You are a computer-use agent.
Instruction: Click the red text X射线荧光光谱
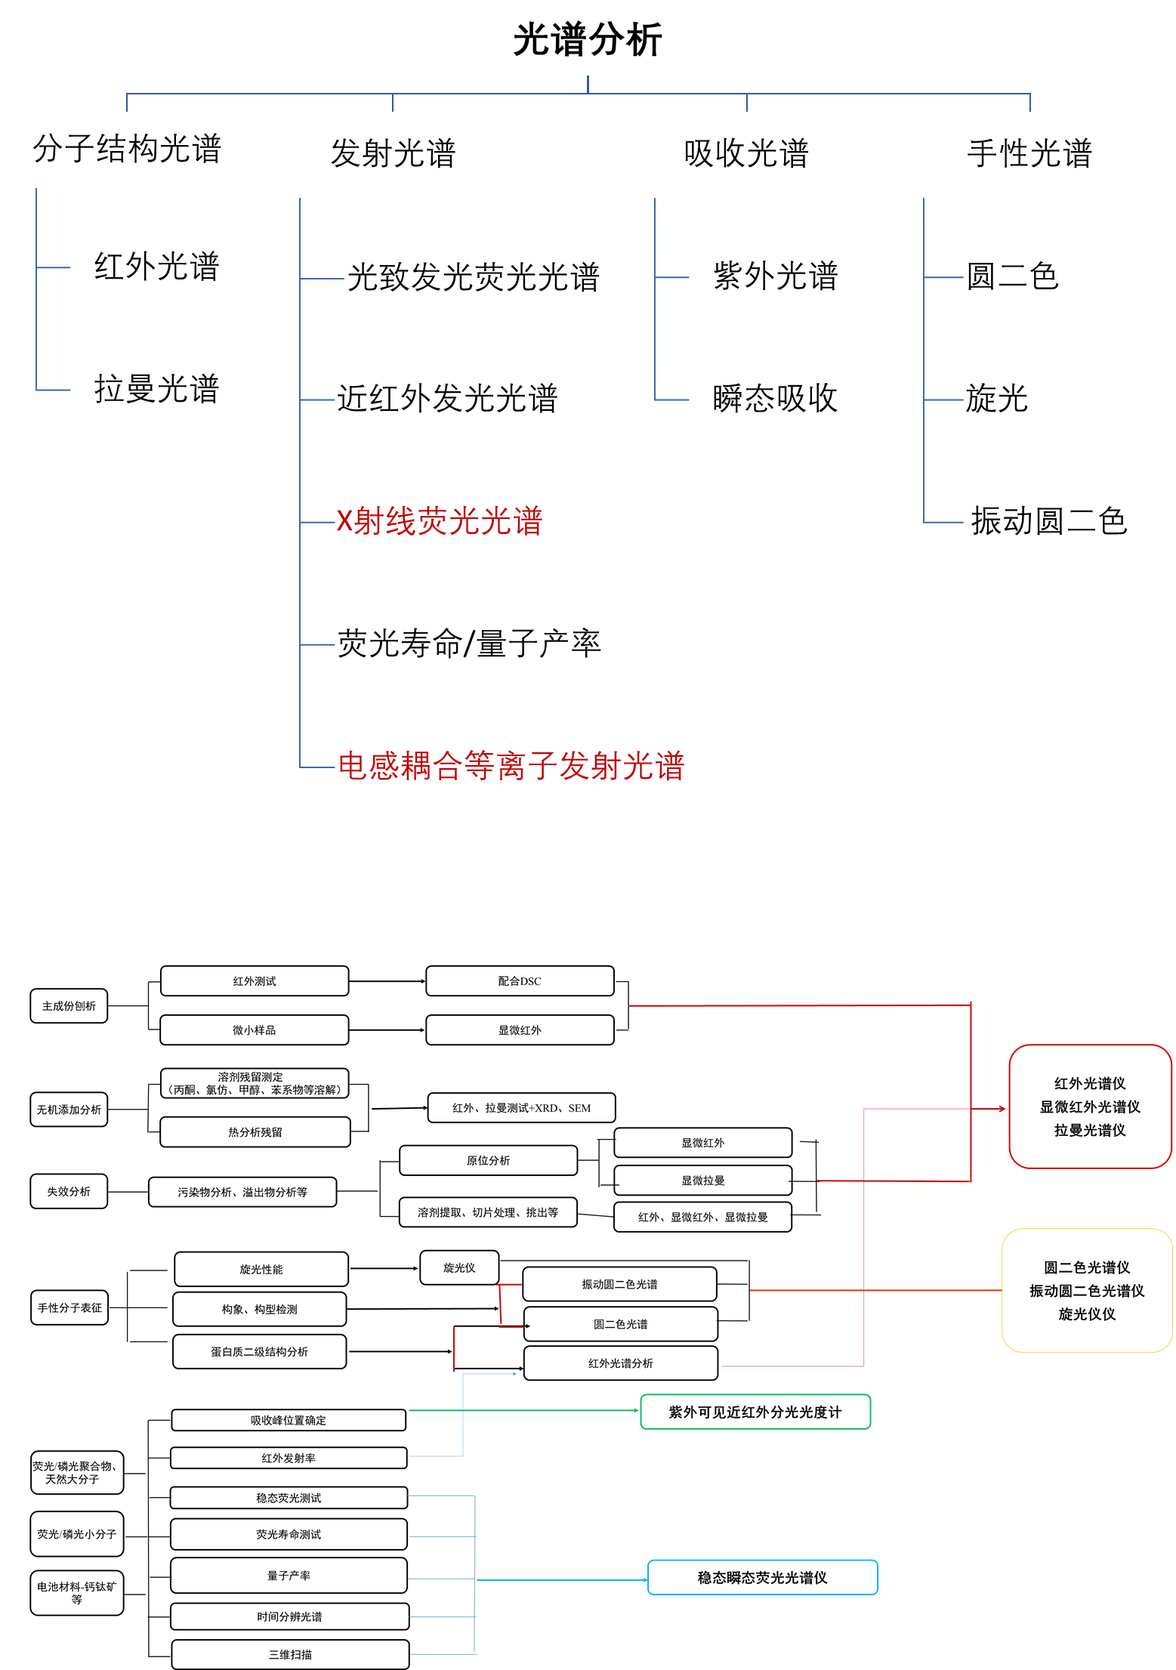439,521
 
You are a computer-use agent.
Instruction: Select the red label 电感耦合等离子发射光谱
511,766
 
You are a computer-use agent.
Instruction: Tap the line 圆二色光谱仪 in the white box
1086,1267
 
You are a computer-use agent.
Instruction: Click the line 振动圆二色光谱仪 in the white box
1086,1291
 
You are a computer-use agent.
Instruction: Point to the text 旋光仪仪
1086,1314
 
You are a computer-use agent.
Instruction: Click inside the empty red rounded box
1090,1106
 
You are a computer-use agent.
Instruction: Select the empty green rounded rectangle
755,1412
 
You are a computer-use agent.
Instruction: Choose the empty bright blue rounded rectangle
763,1577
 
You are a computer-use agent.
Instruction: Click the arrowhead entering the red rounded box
1002,1109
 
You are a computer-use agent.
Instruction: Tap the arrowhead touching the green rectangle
637,1410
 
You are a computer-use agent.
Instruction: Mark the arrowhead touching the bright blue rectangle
644,1579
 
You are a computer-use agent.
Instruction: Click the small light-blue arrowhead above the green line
515,1374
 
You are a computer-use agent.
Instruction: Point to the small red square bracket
509,1304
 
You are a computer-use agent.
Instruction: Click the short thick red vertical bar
454,1349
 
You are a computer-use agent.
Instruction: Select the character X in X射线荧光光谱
344,521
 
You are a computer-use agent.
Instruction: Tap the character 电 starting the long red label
353,766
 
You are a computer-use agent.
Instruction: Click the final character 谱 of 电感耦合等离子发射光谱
669,766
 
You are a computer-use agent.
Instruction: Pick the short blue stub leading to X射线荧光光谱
317,522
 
